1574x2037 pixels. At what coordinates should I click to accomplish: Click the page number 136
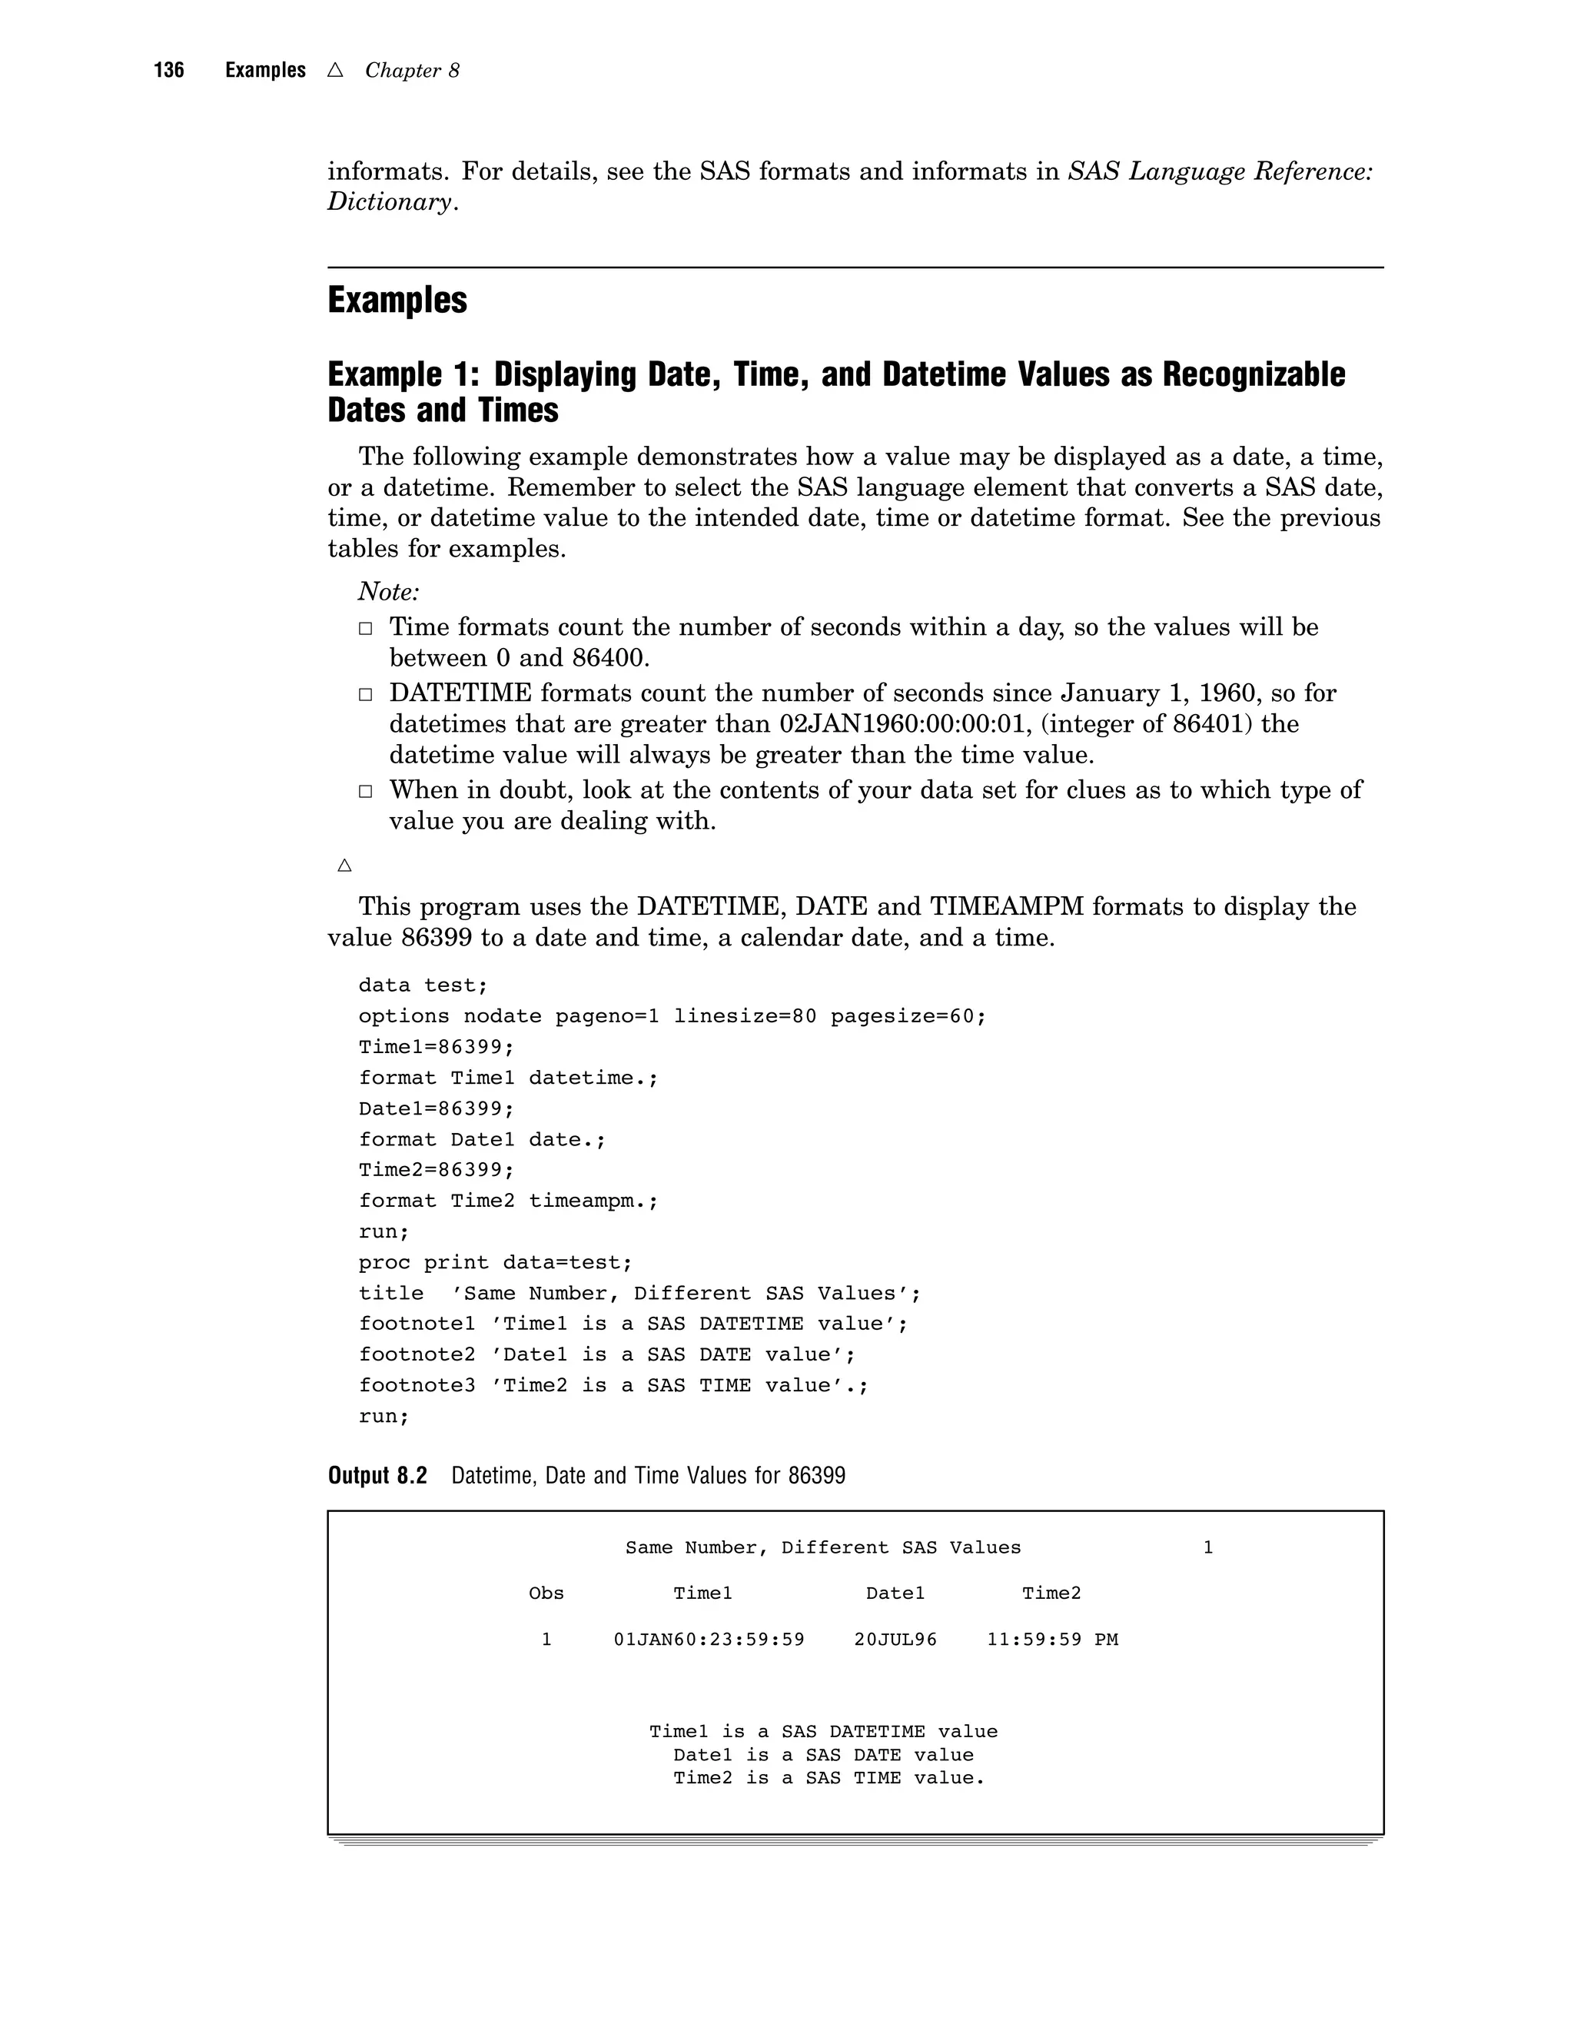click(169, 70)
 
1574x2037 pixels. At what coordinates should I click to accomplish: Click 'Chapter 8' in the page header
click(411, 71)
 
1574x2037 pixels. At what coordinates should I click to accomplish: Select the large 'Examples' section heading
click(397, 301)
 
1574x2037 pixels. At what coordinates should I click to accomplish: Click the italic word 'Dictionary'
click(389, 202)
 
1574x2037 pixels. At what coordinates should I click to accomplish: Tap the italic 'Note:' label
click(389, 591)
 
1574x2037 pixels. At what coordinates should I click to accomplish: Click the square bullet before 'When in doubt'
click(366, 792)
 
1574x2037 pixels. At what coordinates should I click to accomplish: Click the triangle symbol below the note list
click(344, 866)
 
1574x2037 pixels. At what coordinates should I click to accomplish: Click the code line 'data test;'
click(423, 986)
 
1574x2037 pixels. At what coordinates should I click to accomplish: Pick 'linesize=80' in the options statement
click(745, 1017)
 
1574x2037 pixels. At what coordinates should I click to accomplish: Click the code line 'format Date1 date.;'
click(482, 1140)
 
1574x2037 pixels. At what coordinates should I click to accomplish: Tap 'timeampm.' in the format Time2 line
click(593, 1201)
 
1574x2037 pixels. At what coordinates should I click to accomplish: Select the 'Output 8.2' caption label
click(377, 1477)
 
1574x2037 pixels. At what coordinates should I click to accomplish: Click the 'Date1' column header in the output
click(895, 1594)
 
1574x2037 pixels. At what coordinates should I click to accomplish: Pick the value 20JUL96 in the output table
click(895, 1640)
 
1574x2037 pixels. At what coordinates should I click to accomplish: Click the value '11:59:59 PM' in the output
click(1052, 1640)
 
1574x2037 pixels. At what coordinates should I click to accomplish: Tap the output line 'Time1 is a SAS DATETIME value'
click(822, 1732)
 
